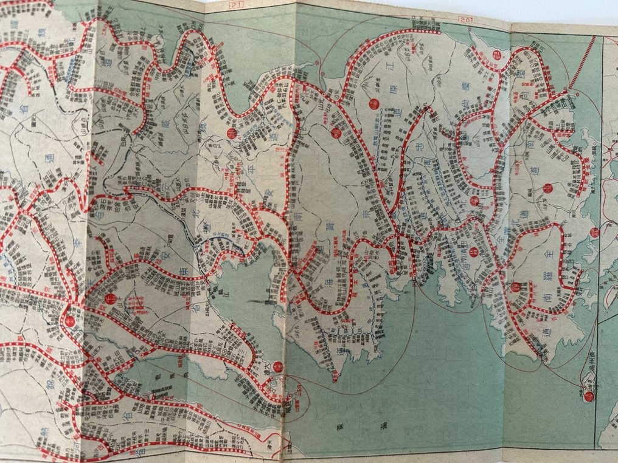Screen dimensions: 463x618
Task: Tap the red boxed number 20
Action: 467,19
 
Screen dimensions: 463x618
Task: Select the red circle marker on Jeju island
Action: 588,397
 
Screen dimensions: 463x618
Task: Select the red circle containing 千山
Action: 110,298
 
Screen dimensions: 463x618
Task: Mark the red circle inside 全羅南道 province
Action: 516,287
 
